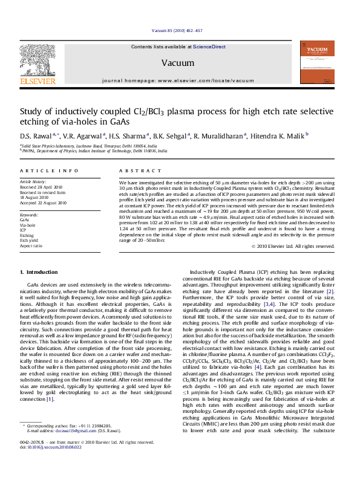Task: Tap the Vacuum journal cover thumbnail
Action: [x=317, y=62]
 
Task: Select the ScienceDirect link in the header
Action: [x=209, y=47]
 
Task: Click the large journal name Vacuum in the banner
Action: [x=174, y=63]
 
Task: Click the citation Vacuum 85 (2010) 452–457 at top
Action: [x=177, y=31]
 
